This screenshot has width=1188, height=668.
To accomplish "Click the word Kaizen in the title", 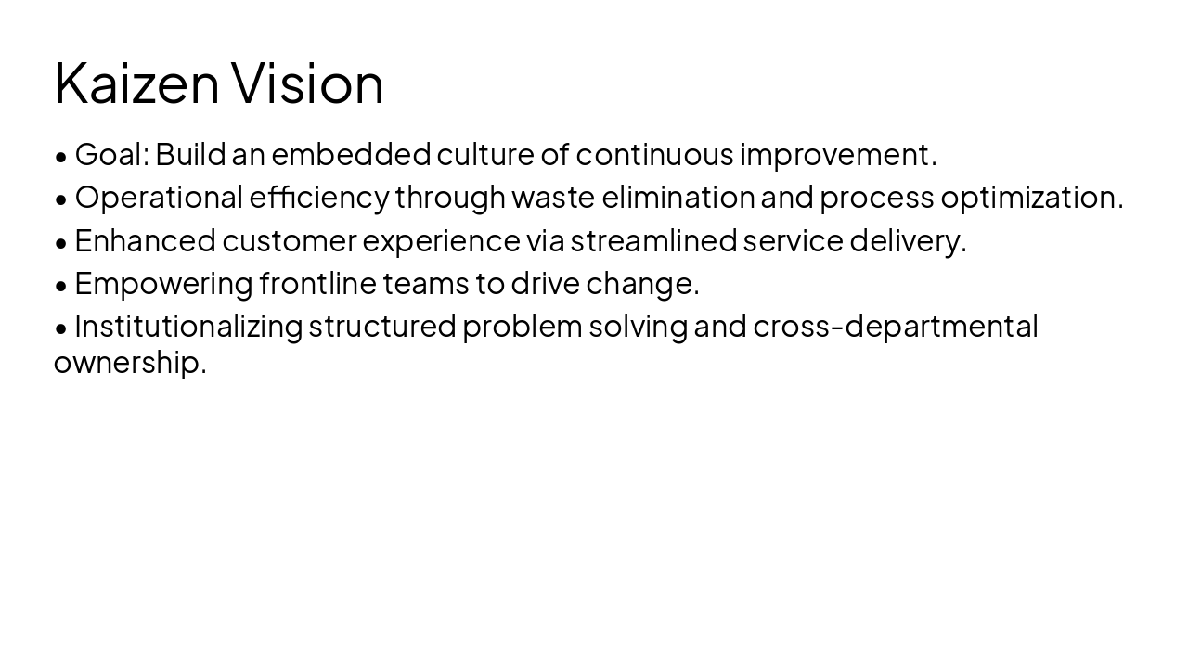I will (136, 83).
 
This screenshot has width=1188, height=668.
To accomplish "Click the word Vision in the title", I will (307, 83).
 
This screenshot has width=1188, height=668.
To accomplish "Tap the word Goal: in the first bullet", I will (111, 154).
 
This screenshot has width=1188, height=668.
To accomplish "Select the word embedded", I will (351, 154).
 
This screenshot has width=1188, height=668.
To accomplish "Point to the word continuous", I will (654, 154).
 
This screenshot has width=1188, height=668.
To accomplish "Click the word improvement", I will (837, 154).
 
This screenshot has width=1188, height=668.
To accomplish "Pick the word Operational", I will (159, 198).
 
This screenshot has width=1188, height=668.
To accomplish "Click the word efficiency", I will (319, 198).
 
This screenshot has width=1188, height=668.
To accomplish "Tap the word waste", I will (553, 198).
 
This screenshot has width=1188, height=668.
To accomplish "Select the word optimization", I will (1031, 198).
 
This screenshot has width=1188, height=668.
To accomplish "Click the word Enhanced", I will (145, 240).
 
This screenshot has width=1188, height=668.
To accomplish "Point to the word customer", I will (290, 240).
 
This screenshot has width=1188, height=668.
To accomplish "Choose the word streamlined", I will (653, 240).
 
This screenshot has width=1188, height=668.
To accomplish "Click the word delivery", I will (907, 240).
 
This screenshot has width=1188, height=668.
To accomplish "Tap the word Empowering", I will (163, 283).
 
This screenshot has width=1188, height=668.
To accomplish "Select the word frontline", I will (317, 283).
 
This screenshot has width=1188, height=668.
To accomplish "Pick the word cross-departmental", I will (895, 327).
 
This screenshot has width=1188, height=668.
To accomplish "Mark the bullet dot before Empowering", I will (61, 285).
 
